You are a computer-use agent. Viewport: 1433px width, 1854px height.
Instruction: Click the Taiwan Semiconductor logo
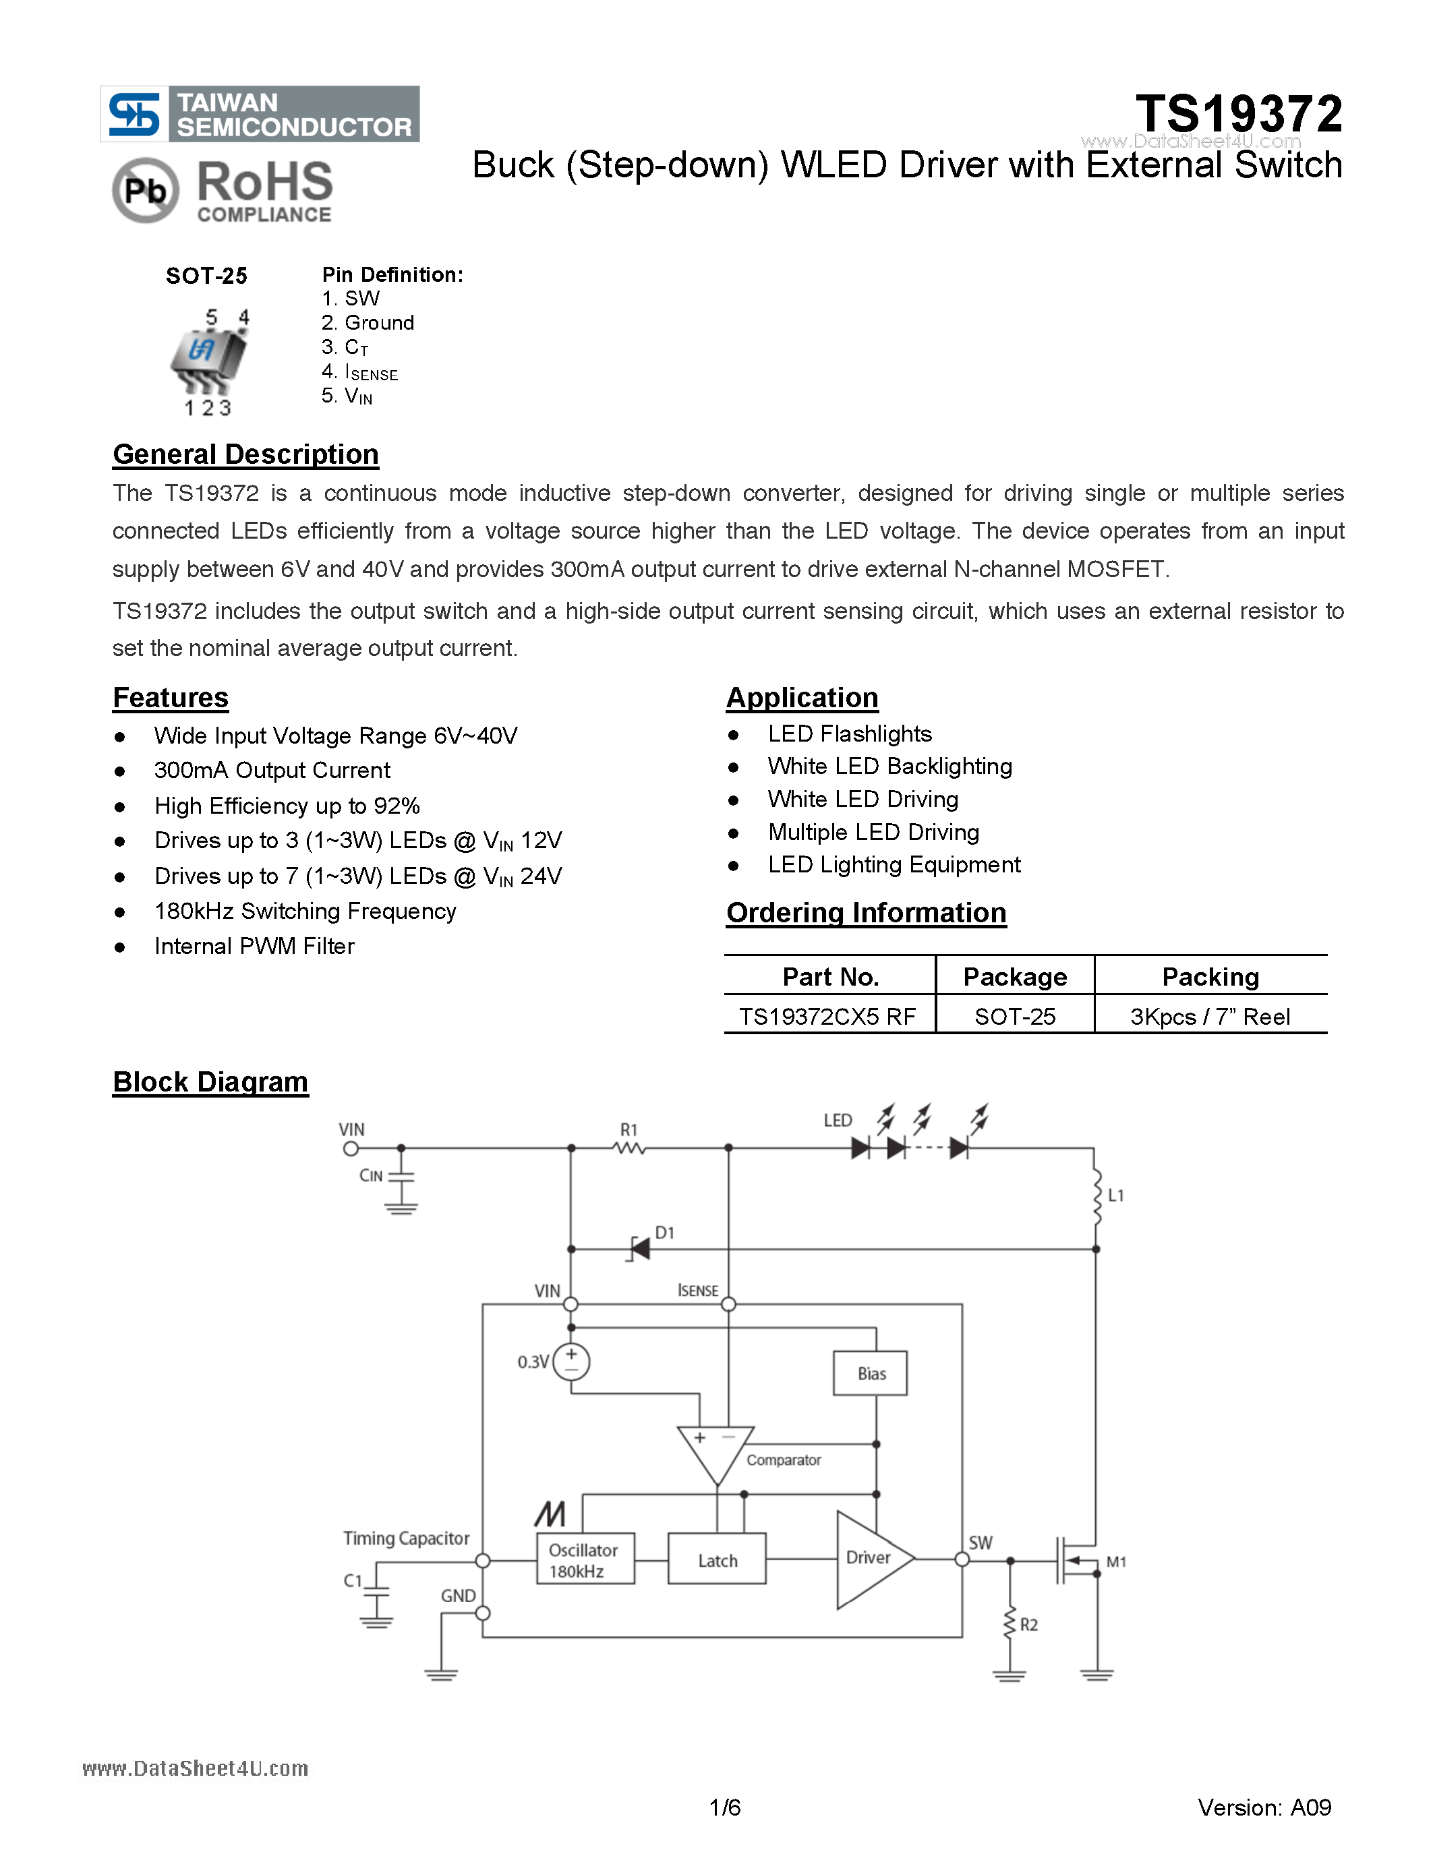tap(259, 114)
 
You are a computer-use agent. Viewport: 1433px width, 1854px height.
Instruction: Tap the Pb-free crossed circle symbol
tap(145, 190)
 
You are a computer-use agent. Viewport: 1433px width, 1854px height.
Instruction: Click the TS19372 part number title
tap(1239, 114)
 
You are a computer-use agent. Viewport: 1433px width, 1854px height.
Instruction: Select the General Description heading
tap(245, 454)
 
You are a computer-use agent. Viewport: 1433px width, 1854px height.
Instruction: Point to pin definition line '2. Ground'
tap(368, 322)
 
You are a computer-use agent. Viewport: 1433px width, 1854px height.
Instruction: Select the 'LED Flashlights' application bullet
tap(849, 734)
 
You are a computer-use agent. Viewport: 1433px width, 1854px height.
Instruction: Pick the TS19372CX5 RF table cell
tap(827, 1016)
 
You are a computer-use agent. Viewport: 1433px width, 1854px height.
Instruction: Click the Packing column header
tap(1210, 976)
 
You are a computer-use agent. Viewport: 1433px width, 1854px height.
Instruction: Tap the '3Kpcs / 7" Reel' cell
tap(1210, 1016)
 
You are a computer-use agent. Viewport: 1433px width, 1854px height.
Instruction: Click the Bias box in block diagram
tap(870, 1373)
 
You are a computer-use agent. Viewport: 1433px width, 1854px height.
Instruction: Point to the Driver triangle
tap(870, 1559)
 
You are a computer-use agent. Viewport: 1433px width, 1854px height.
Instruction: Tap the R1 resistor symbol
tap(629, 1147)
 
